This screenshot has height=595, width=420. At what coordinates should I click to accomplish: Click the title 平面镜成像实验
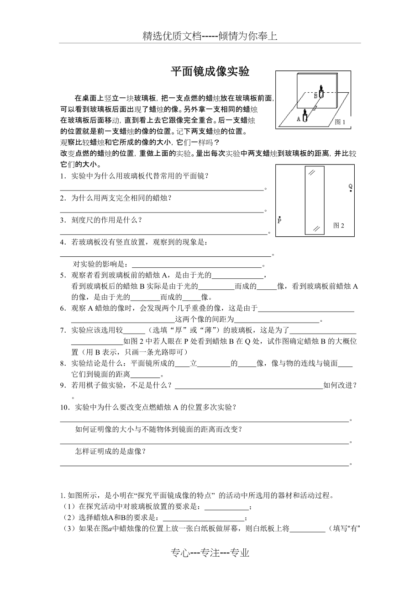pyautogui.click(x=210, y=72)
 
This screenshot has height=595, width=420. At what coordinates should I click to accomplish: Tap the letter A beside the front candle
pyautogui.click(x=299, y=118)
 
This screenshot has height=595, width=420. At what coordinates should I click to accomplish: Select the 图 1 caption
pyautogui.click(x=340, y=122)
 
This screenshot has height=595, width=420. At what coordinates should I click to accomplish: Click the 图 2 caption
pyautogui.click(x=338, y=225)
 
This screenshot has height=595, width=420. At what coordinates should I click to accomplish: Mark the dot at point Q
pyautogui.click(x=351, y=191)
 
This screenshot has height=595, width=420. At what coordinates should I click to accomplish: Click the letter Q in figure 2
pyautogui.click(x=350, y=186)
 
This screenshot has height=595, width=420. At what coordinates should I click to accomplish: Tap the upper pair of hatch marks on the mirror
pyautogui.click(x=311, y=172)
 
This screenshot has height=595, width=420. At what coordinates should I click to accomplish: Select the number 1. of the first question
pyautogui.click(x=63, y=176)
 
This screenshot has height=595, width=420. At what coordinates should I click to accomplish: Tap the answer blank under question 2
pyautogui.click(x=162, y=211)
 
